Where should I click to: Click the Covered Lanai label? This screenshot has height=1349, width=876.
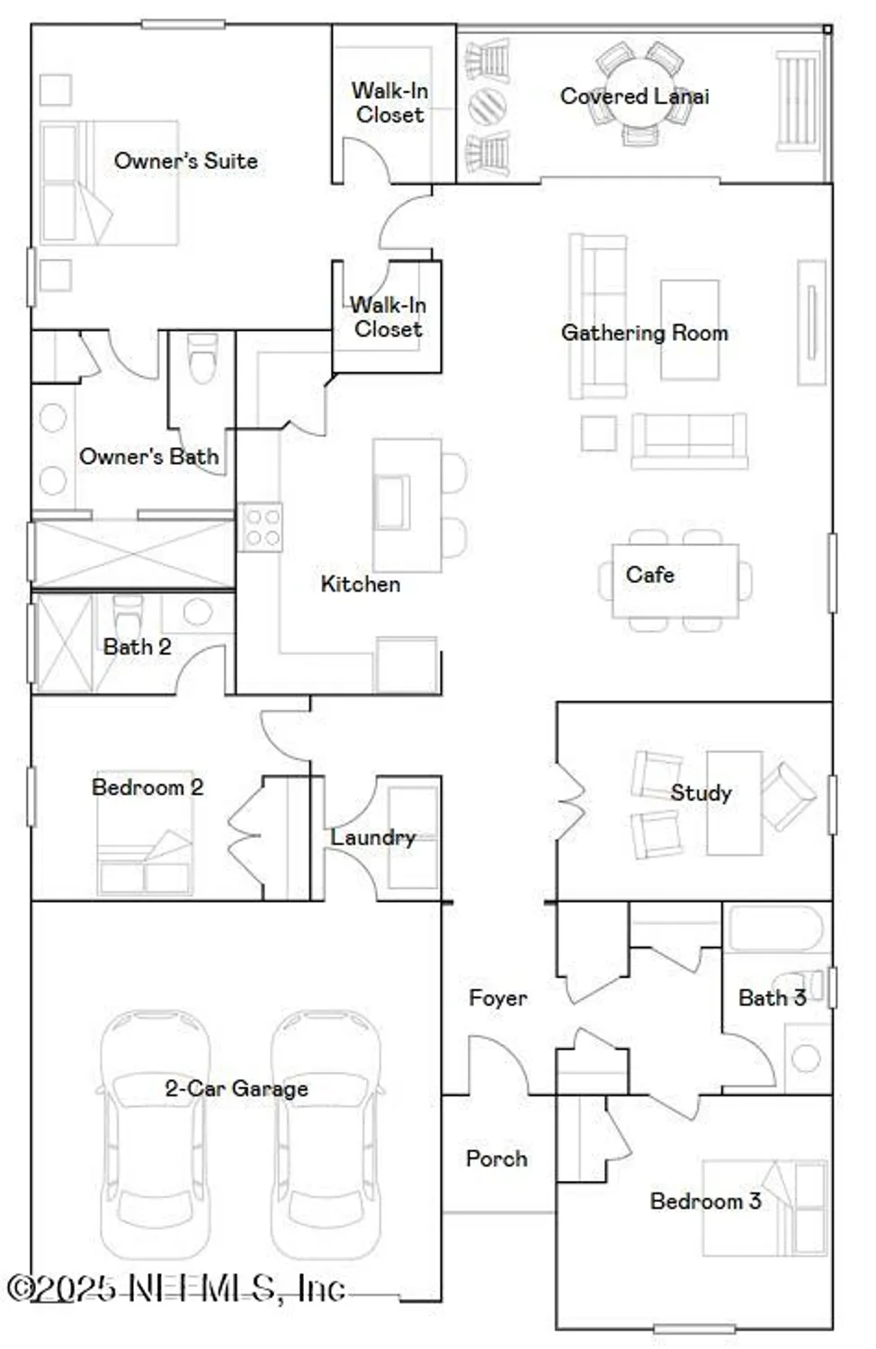(634, 96)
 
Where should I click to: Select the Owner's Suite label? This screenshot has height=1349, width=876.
(185, 161)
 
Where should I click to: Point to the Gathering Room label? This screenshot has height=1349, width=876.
(644, 333)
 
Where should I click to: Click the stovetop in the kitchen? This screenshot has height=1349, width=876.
(261, 526)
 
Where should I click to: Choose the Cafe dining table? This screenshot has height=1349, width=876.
(675, 580)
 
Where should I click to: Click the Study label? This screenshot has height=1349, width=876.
(701, 792)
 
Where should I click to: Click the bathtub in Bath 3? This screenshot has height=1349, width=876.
(775, 928)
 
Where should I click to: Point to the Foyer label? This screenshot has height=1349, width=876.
(497, 997)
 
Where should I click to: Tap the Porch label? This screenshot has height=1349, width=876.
(496, 1158)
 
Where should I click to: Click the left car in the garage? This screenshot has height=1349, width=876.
(153, 1133)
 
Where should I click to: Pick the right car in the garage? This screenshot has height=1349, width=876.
(326, 1133)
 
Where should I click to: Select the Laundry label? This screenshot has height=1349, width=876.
(372, 837)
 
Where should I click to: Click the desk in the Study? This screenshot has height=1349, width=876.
(734, 802)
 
